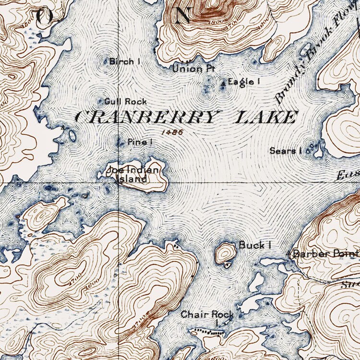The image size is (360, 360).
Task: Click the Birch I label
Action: tap(125, 61)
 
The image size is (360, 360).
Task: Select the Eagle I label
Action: tap(244, 82)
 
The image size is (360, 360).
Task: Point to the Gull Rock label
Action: tap(126, 101)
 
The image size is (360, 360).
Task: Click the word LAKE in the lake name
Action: tap(265, 117)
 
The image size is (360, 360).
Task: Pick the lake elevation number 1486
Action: tap(172, 131)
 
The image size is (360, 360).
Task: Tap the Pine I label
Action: tap(140, 142)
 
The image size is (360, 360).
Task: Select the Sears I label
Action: tap(285, 151)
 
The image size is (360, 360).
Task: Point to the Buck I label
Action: tap(255, 245)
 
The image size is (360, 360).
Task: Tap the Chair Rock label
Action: tap(207, 315)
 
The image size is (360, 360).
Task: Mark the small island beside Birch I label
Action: tap(107, 61)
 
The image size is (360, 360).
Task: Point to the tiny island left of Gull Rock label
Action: tap(101, 101)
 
